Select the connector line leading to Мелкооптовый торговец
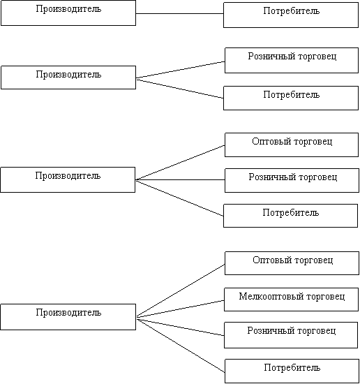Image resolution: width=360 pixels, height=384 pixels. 180,309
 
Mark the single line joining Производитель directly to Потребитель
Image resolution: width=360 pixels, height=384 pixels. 179,13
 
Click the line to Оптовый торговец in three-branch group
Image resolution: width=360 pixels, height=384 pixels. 180,163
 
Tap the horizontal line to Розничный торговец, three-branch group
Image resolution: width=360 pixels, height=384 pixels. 180,179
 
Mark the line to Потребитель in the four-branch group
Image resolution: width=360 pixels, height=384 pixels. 181,346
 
